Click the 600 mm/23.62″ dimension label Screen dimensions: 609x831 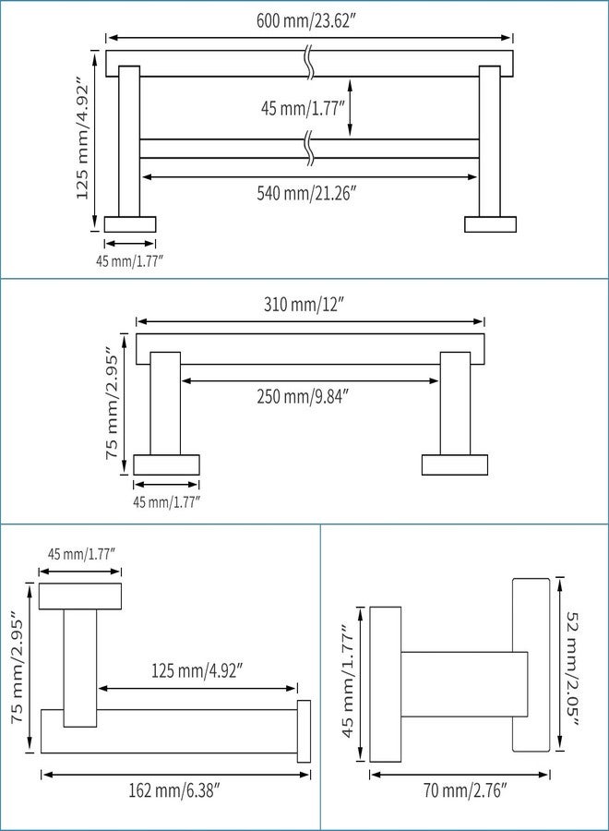[x=305, y=22]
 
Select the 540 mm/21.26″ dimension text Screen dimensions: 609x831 [x=305, y=193]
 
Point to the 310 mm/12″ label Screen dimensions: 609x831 [x=304, y=305]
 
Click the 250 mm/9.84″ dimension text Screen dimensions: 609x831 [x=304, y=396]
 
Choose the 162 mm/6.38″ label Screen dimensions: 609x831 [x=174, y=791]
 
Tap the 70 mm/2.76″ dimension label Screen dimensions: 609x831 [x=465, y=791]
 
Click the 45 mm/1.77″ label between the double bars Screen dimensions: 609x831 [x=303, y=109]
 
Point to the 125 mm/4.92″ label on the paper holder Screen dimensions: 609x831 [x=197, y=671]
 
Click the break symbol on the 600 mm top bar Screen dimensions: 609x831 [x=310, y=64]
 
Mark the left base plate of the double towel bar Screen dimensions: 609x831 [x=130, y=224]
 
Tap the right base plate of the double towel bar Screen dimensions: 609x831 [x=490, y=224]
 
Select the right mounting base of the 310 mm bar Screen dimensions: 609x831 [x=455, y=464]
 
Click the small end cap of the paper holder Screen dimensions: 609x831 [x=304, y=731]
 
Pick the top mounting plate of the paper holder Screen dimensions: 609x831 [x=80, y=596]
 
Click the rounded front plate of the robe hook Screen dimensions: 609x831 [x=531, y=665]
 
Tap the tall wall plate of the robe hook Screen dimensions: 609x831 [x=385, y=684]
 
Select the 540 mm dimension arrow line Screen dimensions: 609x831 [x=310, y=176]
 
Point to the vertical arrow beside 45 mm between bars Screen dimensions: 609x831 [x=350, y=108]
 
